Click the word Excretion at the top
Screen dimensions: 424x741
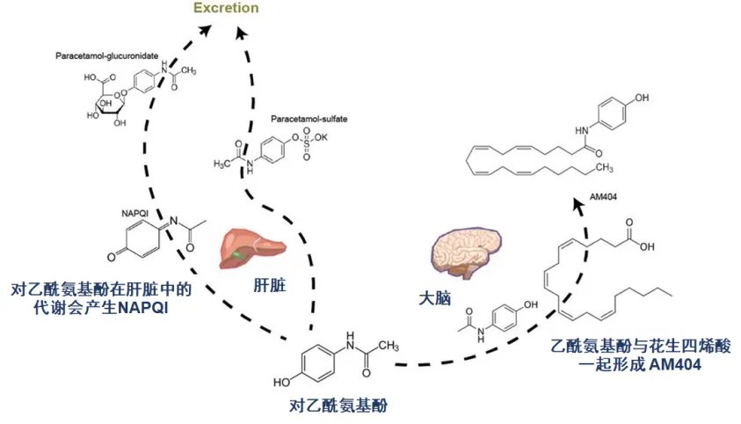coord(227,9)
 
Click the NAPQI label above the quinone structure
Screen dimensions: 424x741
coord(134,213)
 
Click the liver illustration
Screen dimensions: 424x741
coord(243,248)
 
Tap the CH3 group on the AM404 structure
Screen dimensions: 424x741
coord(605,167)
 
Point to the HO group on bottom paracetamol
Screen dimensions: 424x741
coord(282,383)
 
